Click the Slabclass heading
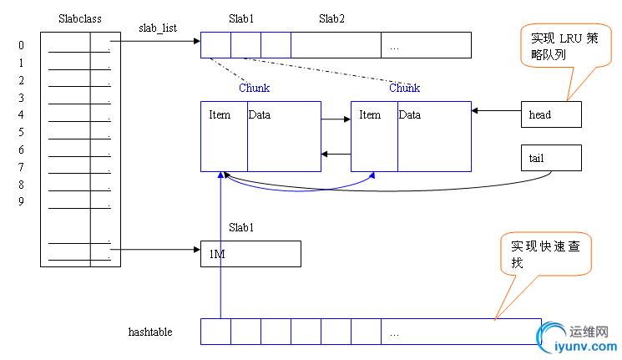pyautogui.click(x=81, y=18)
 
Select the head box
pyautogui.click(x=550, y=114)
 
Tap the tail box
pyautogui.click(x=550, y=157)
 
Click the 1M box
pyautogui.click(x=250, y=254)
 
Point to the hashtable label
pyautogui.click(x=150, y=332)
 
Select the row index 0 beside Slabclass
pyautogui.click(x=21, y=46)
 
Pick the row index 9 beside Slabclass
pyautogui.click(x=21, y=201)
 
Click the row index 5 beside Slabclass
pyautogui.click(x=21, y=133)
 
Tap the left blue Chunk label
pyautogui.click(x=254, y=88)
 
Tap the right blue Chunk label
pyautogui.click(x=404, y=88)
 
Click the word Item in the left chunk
pyautogui.click(x=220, y=114)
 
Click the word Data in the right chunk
pyautogui.click(x=409, y=114)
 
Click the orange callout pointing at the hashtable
pyautogui.click(x=546, y=255)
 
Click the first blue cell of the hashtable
pyautogui.click(x=215, y=332)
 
